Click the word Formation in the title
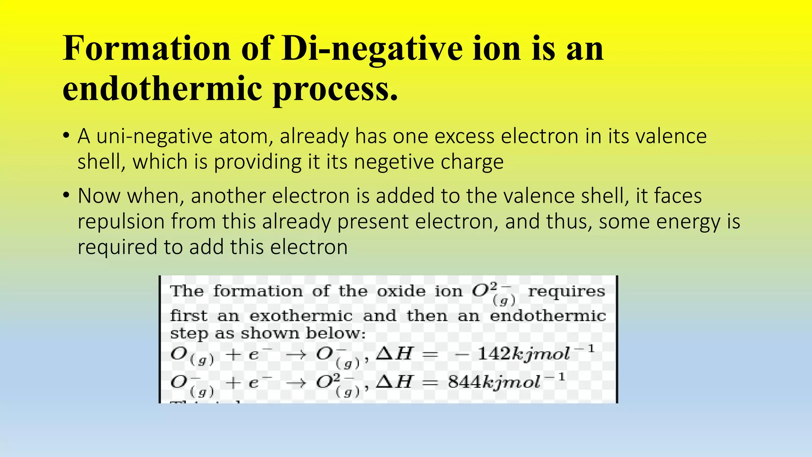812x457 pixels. click(147, 48)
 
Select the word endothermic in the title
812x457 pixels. click(163, 88)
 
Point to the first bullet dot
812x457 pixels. click(66, 136)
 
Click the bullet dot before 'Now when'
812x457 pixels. click(66, 196)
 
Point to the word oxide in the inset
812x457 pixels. click(401, 291)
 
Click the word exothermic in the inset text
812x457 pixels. click(301, 316)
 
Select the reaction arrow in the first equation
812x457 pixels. click(296, 354)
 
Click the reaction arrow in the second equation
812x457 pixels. click(296, 382)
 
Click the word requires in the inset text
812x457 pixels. click(566, 291)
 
